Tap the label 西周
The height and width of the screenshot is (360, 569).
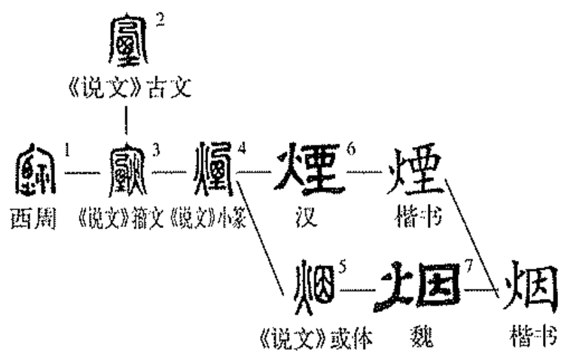33,220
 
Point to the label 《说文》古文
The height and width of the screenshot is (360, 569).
127,89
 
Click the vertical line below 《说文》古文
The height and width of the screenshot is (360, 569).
127,120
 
